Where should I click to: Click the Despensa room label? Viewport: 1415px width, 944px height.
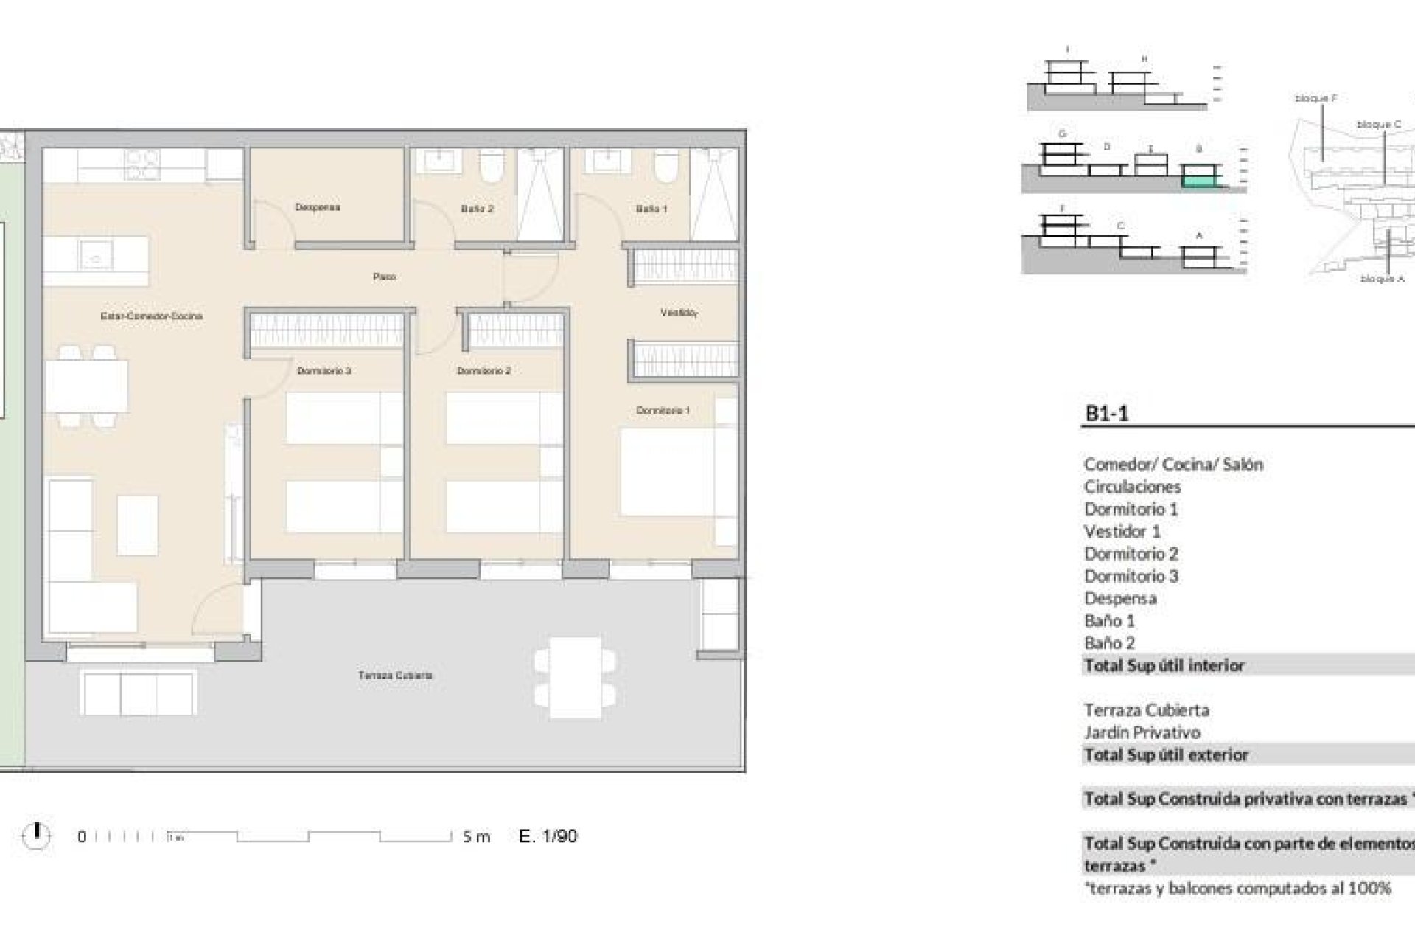click(x=318, y=207)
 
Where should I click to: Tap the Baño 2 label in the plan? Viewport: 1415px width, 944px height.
click(x=477, y=209)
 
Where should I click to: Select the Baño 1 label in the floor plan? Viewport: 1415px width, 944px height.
click(x=651, y=209)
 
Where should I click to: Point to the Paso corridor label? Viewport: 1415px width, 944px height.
click(x=384, y=277)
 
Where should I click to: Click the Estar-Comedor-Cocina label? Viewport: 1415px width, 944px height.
click(x=151, y=316)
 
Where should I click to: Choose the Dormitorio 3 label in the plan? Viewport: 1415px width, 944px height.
click(x=324, y=370)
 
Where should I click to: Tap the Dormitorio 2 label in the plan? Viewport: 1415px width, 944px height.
click(x=483, y=370)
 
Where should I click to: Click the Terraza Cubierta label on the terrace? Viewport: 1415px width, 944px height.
click(x=395, y=675)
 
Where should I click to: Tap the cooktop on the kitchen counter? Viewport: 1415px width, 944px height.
click(x=142, y=164)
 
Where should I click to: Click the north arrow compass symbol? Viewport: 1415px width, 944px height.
click(x=36, y=835)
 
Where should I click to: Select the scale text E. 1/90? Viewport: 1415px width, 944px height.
click(x=548, y=836)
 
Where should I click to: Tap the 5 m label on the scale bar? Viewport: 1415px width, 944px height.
click(x=476, y=836)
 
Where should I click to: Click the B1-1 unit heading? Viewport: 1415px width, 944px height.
click(x=1107, y=414)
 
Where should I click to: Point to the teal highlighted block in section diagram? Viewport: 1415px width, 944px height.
click(x=1198, y=177)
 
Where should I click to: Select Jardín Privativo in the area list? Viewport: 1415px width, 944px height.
click(x=1142, y=732)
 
